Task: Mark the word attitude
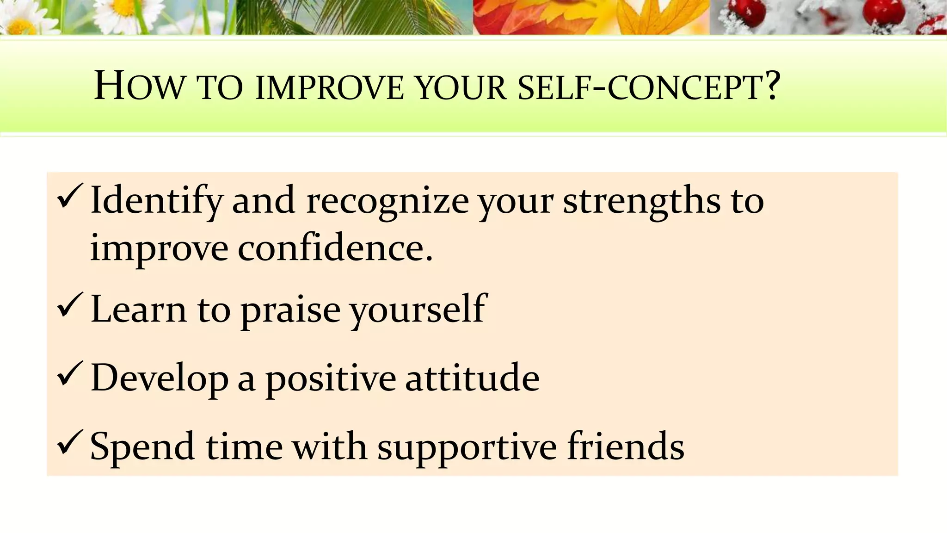pyautogui.click(x=472, y=378)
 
